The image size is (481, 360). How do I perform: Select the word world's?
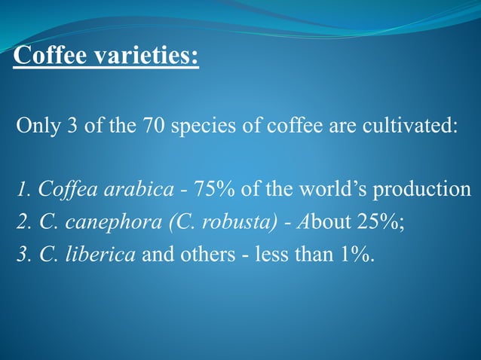pyautogui.click(x=326, y=188)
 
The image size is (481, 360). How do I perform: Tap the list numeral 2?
pyautogui.click(x=21, y=221)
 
